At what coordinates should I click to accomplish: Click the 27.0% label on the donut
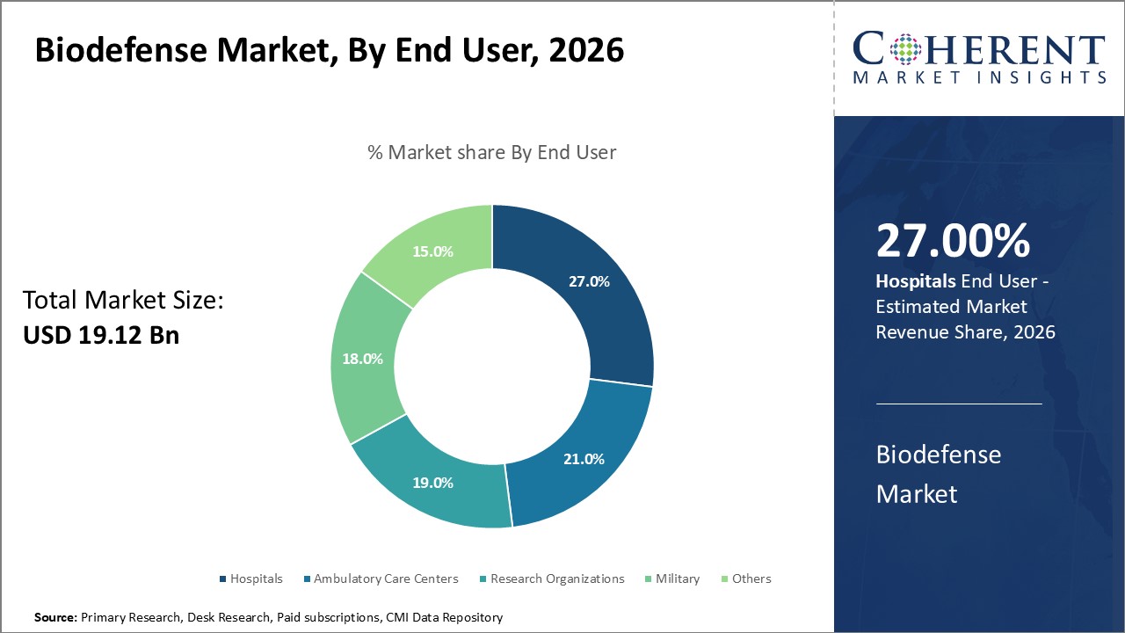tap(589, 281)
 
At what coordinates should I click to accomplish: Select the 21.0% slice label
tap(584, 458)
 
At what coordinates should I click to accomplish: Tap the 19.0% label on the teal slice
tap(432, 482)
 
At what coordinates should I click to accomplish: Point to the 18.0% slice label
tap(362, 359)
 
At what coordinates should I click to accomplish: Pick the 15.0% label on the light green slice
tap(432, 251)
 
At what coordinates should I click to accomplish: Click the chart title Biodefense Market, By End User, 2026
tap(330, 51)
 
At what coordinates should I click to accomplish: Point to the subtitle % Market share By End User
tap(491, 152)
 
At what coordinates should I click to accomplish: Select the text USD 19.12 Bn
tap(101, 335)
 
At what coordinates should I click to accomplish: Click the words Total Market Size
tap(123, 301)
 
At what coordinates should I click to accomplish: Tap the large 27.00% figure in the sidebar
tap(953, 241)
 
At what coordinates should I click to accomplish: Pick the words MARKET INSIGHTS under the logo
tap(979, 77)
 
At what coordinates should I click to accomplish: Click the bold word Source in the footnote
tap(55, 618)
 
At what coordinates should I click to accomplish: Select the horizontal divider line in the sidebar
tap(959, 404)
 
